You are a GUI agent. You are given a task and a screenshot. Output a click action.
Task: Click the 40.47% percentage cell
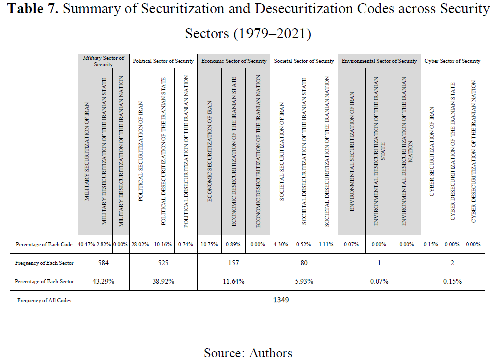(87, 244)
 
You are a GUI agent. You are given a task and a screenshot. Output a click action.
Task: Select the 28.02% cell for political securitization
(140, 244)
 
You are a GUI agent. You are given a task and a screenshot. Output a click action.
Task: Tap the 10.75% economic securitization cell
(209, 244)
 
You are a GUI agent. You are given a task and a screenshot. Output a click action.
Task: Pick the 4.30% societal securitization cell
(281, 244)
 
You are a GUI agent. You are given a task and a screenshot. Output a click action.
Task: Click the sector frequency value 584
(103, 263)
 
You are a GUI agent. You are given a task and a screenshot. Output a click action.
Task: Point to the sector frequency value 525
(163, 263)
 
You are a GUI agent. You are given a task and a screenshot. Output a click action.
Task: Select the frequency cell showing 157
(233, 263)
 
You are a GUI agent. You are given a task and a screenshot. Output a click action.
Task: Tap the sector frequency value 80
(304, 263)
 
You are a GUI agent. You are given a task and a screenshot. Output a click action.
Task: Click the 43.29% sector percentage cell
(103, 281)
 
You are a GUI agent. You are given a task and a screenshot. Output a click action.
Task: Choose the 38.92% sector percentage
(163, 281)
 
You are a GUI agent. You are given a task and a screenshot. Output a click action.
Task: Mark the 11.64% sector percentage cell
(233, 281)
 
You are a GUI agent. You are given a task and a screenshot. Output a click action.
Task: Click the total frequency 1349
(281, 300)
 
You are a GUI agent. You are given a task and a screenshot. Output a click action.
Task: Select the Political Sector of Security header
(163, 61)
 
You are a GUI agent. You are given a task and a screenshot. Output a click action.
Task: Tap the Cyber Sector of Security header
(452, 61)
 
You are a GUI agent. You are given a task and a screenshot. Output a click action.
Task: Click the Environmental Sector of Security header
(379, 61)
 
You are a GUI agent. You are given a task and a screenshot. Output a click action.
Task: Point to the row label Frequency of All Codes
(44, 301)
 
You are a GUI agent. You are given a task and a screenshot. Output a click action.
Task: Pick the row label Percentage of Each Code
(44, 244)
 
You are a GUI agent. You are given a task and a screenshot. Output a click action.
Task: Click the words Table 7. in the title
(33, 9)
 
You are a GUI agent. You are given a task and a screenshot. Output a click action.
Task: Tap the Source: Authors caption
(248, 353)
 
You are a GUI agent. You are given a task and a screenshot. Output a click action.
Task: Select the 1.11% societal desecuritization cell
(326, 244)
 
